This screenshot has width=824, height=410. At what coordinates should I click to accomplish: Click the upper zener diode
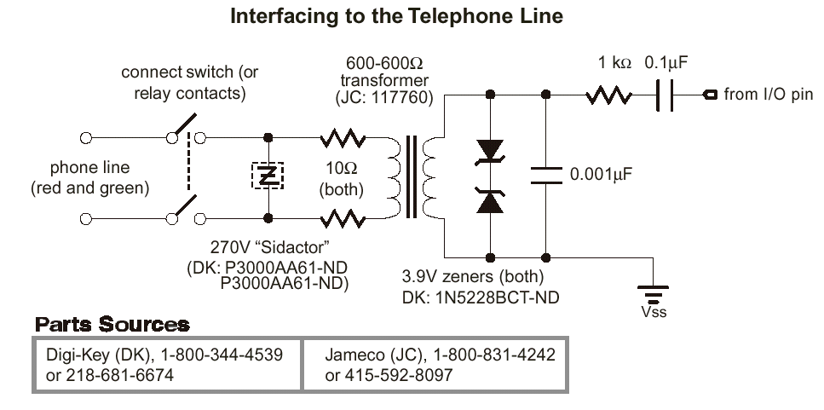click(x=490, y=152)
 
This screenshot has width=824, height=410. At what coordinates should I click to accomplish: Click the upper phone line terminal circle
click(x=86, y=136)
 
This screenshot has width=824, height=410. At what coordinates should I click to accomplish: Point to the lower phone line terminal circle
click(x=86, y=218)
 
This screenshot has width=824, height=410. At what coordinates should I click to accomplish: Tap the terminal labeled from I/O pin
click(x=710, y=95)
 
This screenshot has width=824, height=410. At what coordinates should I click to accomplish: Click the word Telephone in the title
click(x=452, y=16)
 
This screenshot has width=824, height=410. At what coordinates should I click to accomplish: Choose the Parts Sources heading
click(x=112, y=325)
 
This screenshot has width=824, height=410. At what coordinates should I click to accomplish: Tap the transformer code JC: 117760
click(x=384, y=99)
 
